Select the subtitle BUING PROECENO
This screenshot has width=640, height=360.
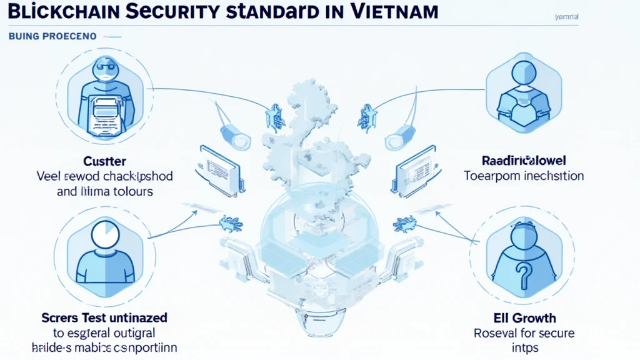[x=52, y=36]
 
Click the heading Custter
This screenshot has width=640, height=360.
[x=104, y=161]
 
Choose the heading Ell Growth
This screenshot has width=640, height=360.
[x=524, y=317]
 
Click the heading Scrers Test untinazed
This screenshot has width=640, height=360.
[x=104, y=317]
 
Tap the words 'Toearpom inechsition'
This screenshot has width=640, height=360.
[x=524, y=176]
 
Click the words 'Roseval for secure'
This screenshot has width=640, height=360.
[x=524, y=332]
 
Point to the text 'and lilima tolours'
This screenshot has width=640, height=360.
[x=104, y=191]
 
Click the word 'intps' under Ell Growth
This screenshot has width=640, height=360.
[x=524, y=347]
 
